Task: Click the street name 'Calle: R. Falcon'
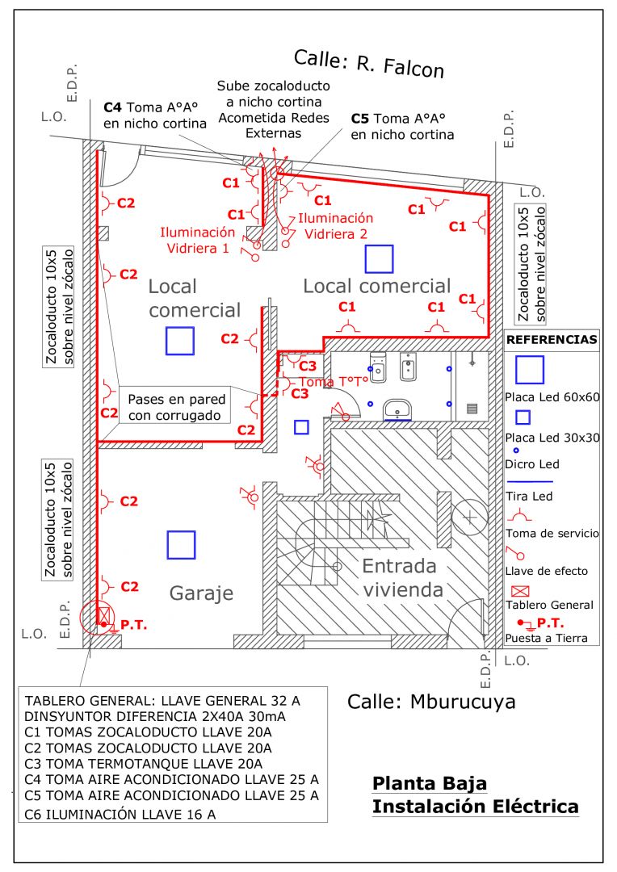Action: click(x=368, y=63)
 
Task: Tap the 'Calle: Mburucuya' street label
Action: click(x=431, y=701)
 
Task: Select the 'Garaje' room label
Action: click(x=201, y=593)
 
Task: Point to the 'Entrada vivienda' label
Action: click(x=401, y=577)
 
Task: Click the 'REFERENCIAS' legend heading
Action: click(x=552, y=340)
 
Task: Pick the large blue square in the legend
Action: click(x=530, y=370)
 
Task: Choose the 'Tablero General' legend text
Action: click(x=549, y=605)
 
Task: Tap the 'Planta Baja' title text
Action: click(x=429, y=783)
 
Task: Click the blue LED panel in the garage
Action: click(x=181, y=544)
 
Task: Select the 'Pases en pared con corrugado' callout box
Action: click(x=175, y=408)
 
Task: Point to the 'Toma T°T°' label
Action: click(x=334, y=380)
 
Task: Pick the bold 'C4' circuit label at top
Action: click(x=114, y=107)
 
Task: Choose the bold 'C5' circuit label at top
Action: click(x=360, y=118)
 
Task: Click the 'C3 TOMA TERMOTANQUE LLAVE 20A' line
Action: click(x=144, y=764)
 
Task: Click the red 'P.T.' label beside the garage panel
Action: click(x=132, y=624)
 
